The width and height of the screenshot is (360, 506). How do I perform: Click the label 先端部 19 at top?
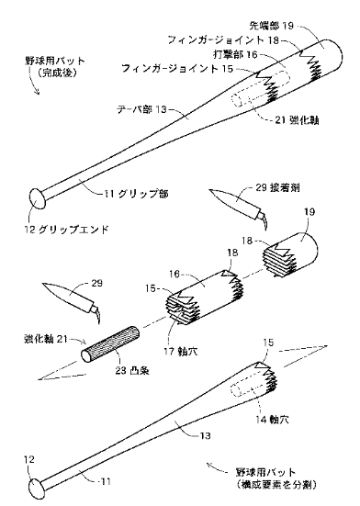272,26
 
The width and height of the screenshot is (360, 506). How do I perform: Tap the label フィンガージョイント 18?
223,40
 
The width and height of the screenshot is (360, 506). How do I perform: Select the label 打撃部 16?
235,54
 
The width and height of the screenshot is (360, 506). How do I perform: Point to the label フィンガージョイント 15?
177,68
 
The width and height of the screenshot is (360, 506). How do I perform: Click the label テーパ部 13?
142,109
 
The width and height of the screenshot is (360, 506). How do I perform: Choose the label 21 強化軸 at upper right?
298,120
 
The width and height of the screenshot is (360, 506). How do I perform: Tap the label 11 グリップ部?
136,194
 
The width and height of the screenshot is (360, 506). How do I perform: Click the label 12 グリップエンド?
66,230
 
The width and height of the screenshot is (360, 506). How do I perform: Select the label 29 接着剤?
277,187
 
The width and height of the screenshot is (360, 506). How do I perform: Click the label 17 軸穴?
181,351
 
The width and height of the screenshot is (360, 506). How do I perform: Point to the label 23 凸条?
132,370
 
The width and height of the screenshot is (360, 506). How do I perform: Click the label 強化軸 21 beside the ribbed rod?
46,339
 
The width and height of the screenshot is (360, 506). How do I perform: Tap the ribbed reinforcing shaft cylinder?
110,345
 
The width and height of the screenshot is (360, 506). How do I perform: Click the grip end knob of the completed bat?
38,198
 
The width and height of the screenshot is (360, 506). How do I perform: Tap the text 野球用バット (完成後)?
55,67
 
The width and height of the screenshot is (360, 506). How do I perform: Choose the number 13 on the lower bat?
205,436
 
